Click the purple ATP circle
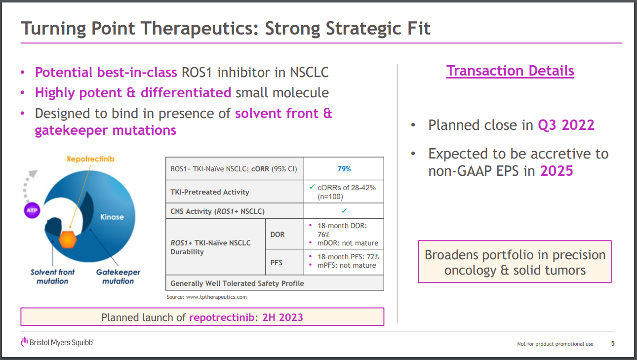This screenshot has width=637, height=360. (x=32, y=210)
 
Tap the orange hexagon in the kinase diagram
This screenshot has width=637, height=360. (x=68, y=240)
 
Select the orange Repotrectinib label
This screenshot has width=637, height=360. (x=90, y=159)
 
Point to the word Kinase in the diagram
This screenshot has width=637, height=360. (x=112, y=217)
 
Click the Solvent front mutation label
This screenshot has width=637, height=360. (x=52, y=277)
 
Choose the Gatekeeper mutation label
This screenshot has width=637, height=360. (x=118, y=277)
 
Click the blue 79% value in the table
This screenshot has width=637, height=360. (x=344, y=169)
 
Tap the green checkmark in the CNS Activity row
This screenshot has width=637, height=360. (x=344, y=211)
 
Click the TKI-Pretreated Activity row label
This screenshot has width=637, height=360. (x=210, y=192)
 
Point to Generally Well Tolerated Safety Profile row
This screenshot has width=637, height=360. (x=275, y=283)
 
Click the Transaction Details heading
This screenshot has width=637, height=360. (x=510, y=71)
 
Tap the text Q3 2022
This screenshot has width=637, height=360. (x=566, y=125)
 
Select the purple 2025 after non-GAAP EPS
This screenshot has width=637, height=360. (x=557, y=171)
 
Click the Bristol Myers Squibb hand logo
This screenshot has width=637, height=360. (x=25, y=342)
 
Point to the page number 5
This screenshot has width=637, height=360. (x=613, y=344)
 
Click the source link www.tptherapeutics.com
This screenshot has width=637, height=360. (x=216, y=297)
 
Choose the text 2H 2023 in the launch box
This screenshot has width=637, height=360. (x=282, y=318)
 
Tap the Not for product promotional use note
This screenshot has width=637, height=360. (x=555, y=344)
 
